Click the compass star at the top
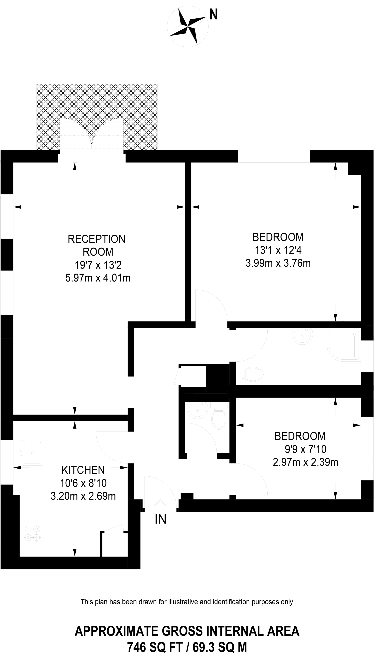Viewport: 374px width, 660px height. pos(188,27)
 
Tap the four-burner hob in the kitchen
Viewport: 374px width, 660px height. pos(32,533)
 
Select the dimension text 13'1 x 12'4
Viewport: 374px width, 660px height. pos(278,250)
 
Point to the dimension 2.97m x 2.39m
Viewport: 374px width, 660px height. pos(305,462)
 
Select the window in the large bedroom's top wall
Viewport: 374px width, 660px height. pos(274,156)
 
